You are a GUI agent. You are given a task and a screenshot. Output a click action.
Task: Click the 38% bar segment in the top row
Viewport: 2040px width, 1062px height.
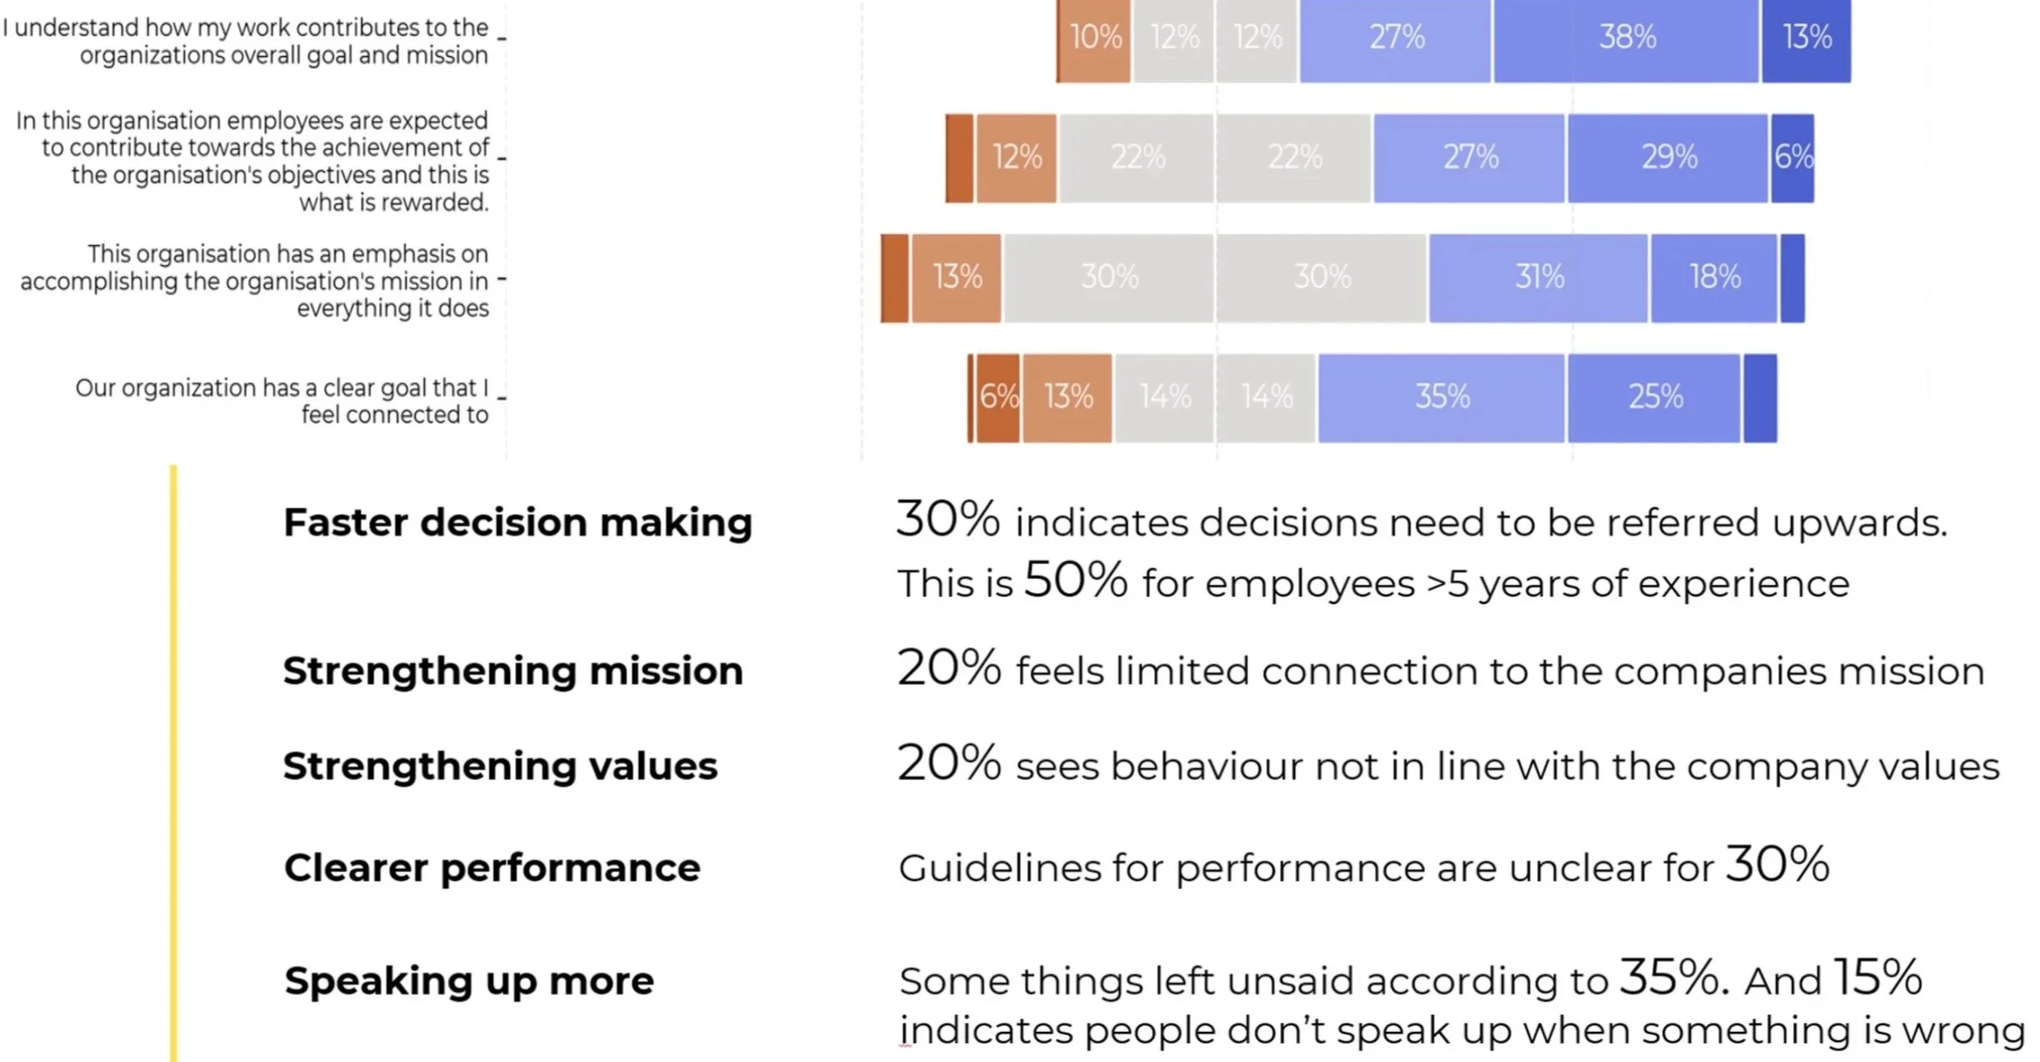tap(1625, 38)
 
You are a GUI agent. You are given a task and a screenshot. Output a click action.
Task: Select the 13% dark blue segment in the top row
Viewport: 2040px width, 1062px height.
tap(1806, 38)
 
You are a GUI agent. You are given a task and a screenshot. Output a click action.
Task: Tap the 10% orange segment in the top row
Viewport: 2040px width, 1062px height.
tap(1094, 38)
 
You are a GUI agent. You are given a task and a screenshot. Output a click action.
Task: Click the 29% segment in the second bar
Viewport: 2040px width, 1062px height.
tap(1667, 158)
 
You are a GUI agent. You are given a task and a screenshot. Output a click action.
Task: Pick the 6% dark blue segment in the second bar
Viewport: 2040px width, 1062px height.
tap(1792, 158)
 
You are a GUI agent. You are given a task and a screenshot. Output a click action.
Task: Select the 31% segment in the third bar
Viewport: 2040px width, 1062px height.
tap(1538, 277)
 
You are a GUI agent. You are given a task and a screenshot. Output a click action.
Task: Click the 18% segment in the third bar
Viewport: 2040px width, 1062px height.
tap(1714, 277)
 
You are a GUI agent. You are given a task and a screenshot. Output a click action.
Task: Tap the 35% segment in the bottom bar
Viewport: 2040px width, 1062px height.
tap(1441, 397)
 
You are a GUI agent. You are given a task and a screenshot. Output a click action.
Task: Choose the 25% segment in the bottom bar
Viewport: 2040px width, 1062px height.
tap(1654, 397)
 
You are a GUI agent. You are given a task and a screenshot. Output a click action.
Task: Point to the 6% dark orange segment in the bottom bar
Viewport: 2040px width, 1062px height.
tap(998, 397)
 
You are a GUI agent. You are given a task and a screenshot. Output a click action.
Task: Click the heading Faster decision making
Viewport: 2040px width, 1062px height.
tap(517, 523)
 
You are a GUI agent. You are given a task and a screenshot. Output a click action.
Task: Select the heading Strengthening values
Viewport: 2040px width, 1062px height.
tap(500, 766)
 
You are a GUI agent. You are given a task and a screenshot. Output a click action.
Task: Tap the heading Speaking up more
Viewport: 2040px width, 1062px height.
tap(469, 981)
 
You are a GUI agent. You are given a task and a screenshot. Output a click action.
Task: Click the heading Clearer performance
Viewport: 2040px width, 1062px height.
tap(491, 868)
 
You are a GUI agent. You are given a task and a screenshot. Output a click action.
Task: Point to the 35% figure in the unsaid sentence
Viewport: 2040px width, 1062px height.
tap(1668, 977)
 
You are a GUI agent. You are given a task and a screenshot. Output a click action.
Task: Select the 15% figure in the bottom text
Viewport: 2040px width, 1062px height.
tap(1876, 977)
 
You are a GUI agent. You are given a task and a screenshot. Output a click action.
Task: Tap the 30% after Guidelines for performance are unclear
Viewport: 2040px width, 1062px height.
tap(1777, 864)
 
